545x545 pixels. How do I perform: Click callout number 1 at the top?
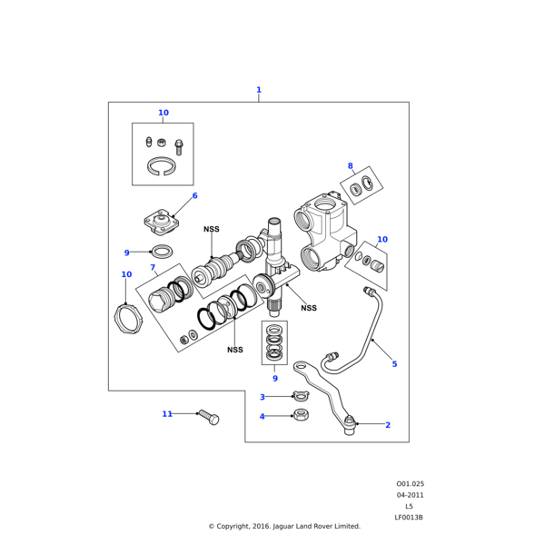pos(259,90)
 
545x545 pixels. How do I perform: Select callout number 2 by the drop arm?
pos(388,425)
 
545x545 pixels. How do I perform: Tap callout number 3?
pos(263,397)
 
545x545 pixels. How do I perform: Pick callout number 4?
pos(263,417)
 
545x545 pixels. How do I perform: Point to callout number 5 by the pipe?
pos(394,364)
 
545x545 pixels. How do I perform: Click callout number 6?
pos(194,196)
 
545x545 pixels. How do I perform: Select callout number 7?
pos(153,268)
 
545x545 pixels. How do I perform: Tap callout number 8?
pos(350,166)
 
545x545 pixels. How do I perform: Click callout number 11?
pos(167,414)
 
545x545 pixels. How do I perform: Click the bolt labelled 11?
pos(208,418)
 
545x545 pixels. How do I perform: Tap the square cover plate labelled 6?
pos(160,221)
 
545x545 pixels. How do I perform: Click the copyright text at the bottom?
pos(284,526)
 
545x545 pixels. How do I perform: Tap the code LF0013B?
pos(409,518)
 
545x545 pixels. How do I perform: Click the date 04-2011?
pos(410,495)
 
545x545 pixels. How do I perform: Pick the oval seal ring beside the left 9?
pos(162,252)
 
